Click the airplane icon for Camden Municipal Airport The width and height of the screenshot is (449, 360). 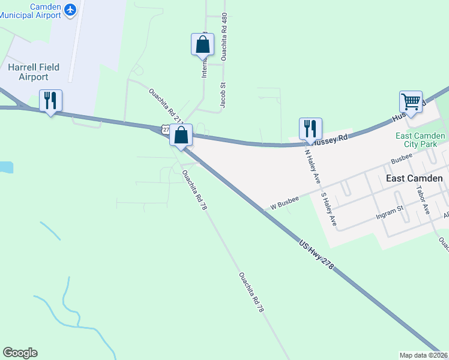(x=71, y=10)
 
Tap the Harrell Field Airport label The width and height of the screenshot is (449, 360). (x=34, y=72)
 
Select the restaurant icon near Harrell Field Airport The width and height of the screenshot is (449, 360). (x=50, y=100)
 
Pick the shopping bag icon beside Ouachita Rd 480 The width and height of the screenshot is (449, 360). (x=202, y=44)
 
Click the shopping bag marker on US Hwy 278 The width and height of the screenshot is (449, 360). (x=181, y=135)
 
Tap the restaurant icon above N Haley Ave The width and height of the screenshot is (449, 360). (x=310, y=128)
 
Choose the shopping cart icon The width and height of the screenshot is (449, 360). (x=411, y=101)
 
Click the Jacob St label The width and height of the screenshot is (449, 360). (x=222, y=95)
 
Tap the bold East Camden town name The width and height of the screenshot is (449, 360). (x=414, y=178)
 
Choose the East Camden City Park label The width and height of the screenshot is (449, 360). (x=420, y=140)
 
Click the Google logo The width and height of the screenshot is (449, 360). (x=20, y=353)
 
